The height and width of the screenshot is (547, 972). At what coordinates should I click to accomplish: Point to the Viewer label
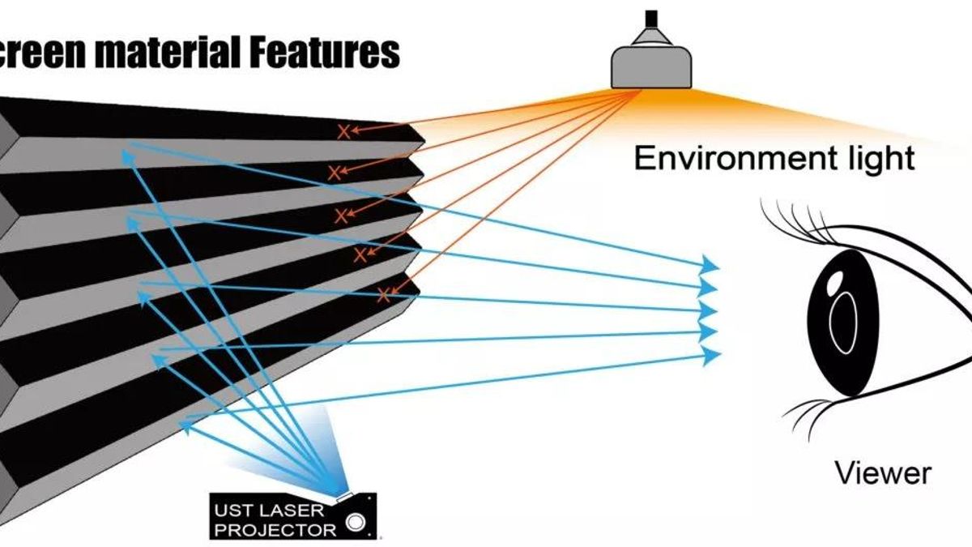(883, 472)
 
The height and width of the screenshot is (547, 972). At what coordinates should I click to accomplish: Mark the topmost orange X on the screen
(344, 130)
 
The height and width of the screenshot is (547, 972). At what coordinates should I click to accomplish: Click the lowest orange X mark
(384, 296)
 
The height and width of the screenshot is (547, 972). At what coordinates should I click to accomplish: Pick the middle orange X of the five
(342, 215)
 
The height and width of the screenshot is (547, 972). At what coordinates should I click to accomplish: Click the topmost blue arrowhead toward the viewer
(710, 264)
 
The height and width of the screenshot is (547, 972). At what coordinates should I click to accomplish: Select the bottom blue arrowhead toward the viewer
(710, 354)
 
